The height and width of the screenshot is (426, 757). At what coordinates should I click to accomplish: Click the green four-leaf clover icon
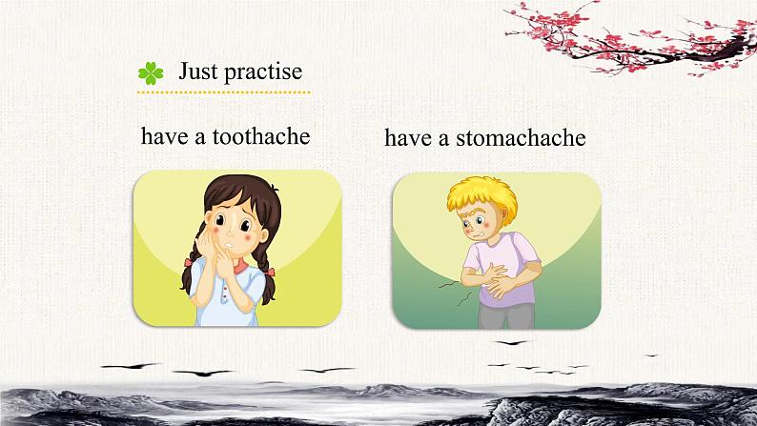click(151, 73)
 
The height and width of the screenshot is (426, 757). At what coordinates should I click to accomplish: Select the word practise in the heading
click(263, 71)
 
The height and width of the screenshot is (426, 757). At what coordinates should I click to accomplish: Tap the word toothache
click(261, 136)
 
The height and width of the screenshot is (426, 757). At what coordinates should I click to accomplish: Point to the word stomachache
click(521, 137)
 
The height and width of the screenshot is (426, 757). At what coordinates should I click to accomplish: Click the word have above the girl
click(164, 136)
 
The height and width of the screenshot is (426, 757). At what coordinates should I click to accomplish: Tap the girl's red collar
click(240, 266)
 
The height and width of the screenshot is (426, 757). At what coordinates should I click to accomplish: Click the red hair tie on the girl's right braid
click(269, 272)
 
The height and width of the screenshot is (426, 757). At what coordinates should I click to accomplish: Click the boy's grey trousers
click(506, 316)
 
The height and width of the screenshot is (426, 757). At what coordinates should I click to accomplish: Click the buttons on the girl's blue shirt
click(223, 294)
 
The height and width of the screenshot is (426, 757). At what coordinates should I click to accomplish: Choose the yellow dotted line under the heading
click(223, 92)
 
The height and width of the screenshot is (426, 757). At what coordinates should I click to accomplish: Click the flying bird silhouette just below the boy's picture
click(511, 342)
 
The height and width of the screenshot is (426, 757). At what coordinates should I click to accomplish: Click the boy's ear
click(503, 213)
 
